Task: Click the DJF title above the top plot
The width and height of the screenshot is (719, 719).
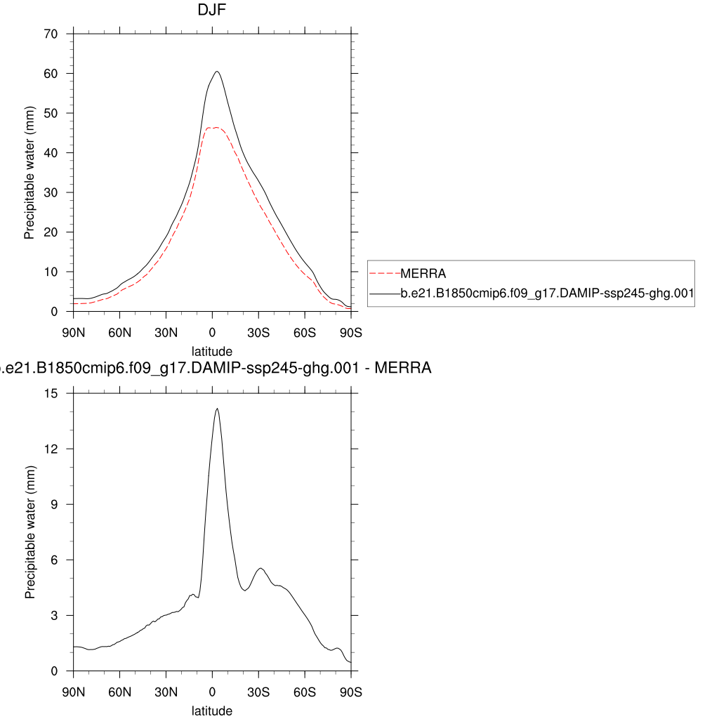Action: pos(211,11)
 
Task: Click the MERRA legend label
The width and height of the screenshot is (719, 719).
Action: pos(423,274)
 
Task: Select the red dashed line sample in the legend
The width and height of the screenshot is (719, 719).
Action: pos(384,274)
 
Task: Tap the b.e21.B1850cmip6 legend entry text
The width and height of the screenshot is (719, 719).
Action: pos(547,296)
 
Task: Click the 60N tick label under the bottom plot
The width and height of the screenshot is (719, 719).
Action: pos(120,692)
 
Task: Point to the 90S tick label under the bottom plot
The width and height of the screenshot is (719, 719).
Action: pos(350,692)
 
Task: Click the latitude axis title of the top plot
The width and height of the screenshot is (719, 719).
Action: pos(211,350)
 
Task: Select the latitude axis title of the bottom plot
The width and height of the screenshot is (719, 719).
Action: pos(211,711)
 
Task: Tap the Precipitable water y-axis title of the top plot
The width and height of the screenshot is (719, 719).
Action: pos(29,173)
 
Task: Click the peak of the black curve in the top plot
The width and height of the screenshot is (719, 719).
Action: pos(217,72)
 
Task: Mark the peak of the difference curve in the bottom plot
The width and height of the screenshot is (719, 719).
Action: pos(217,409)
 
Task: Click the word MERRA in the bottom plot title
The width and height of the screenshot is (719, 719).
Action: pos(404,367)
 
